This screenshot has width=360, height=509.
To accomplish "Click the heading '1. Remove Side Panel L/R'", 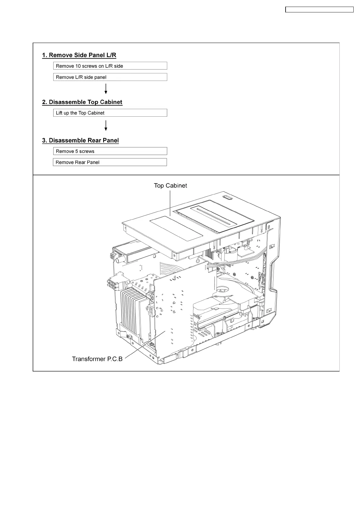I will point(79,55).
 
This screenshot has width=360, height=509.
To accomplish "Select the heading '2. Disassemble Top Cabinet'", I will point(82,102).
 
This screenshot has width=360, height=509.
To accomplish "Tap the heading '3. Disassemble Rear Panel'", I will point(80,141).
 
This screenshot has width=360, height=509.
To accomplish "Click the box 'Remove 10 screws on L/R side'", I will point(110,66).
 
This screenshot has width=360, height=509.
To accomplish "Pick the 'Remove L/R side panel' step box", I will point(110,77).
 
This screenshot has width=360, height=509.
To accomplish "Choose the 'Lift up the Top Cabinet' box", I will point(110,113).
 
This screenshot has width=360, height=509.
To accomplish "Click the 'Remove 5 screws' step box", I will point(110,151).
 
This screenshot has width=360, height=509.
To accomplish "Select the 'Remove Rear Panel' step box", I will point(110,162).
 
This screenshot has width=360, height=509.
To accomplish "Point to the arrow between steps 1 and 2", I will point(106,89).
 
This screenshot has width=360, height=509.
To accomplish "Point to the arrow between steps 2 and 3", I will point(106,125).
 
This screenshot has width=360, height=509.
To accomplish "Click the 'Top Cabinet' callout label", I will point(170,186).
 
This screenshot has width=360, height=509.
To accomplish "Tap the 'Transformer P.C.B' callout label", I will point(97,359).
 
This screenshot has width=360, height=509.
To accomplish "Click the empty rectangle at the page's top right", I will point(319,10).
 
